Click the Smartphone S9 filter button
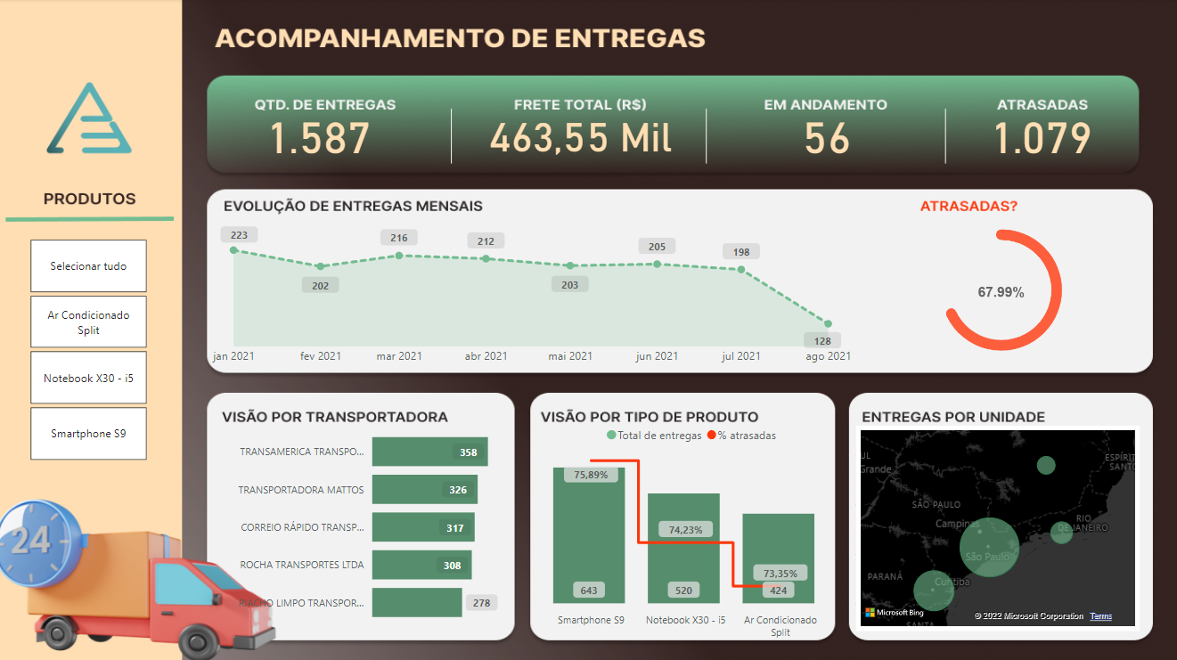pos(88,434)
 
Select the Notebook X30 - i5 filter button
pos(88,379)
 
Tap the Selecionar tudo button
pos(88,266)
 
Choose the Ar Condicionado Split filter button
pos(88,322)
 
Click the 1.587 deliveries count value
pos(320,139)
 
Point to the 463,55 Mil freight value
pos(580,139)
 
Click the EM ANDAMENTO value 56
pos(827,139)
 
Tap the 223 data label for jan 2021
pos(239,235)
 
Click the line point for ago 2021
pos(828,324)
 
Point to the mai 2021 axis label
pos(570,356)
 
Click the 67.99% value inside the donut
pos(1001,292)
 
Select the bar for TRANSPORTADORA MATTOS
pos(425,490)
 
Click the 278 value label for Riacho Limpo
pos(481,603)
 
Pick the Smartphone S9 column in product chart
pos(589,534)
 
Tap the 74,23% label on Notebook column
pos(685,530)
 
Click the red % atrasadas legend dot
pos(712,436)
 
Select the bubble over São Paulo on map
pos(989,547)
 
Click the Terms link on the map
pos(1100,616)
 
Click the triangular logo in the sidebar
pos(89,119)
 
